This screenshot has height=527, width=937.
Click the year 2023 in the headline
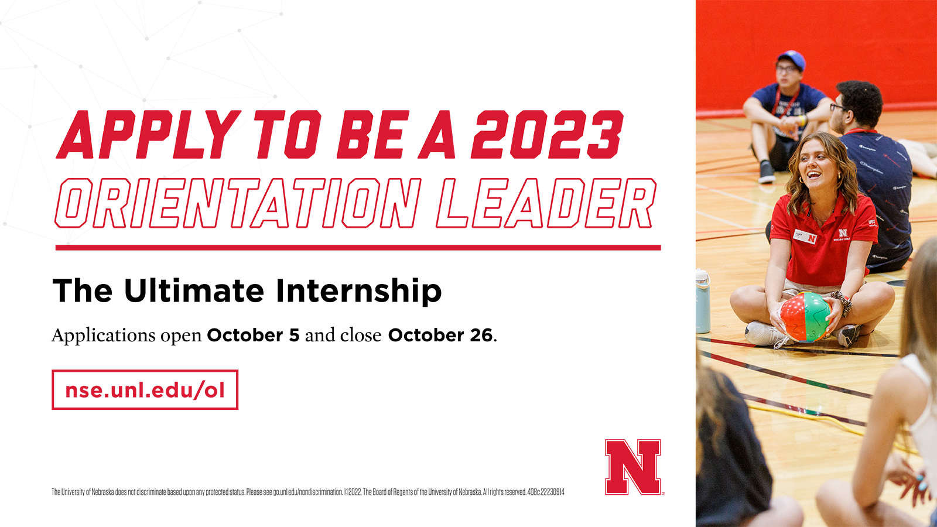point(547,135)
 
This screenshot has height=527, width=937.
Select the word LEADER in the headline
point(546,203)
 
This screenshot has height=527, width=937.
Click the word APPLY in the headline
point(149,135)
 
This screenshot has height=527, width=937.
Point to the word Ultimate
point(194,290)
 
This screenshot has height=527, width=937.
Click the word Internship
point(358,290)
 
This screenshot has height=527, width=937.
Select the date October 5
point(253,335)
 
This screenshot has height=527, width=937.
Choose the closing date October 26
point(440,335)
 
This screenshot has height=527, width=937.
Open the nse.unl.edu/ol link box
point(145,389)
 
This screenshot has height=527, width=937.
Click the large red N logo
point(633,467)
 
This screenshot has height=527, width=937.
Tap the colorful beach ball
point(805,317)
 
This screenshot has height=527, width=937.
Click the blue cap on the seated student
point(791,60)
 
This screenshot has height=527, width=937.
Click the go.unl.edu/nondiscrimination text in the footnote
point(308,492)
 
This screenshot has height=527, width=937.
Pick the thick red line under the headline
point(358,248)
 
